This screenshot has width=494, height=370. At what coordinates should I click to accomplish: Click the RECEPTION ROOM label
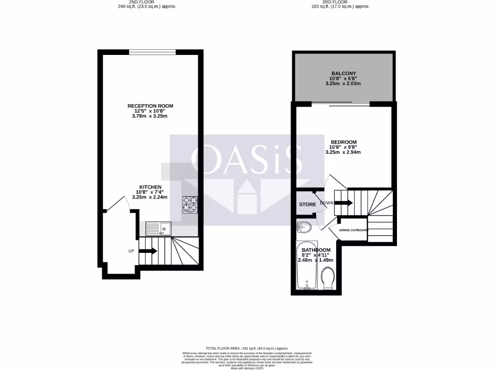point(150,106)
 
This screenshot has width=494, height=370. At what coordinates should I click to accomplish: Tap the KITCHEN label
point(150,187)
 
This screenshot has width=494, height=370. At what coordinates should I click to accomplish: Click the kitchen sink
point(158,228)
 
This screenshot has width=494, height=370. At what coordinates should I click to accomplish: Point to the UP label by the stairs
point(131,251)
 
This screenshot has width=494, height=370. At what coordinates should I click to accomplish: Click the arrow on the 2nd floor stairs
point(148,251)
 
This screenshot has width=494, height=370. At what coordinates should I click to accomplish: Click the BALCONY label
point(343,73)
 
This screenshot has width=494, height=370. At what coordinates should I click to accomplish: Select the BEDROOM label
point(343,142)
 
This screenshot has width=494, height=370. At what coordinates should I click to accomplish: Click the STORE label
point(307,205)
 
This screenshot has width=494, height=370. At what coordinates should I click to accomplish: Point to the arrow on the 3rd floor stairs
point(343,203)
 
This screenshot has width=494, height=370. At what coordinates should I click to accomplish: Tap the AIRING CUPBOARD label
point(354,230)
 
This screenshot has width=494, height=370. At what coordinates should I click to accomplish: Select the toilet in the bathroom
point(328,278)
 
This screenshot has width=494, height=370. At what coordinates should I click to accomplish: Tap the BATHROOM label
point(316,250)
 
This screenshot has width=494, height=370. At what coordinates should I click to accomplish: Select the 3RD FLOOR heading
point(341,2)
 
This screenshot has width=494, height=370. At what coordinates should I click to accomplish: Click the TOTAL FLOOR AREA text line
point(247,348)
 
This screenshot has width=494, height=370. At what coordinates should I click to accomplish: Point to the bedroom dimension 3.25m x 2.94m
point(343,152)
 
